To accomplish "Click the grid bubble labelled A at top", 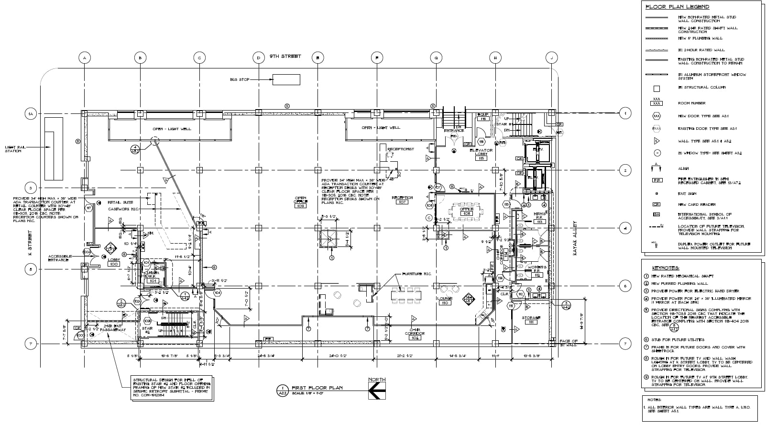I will pos(84,58).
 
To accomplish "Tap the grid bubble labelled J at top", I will pos(551,58).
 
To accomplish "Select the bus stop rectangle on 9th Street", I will pos(286,79).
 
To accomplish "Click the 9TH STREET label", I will pos(285,56).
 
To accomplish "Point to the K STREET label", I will pos(30,244).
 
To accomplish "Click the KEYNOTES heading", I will pos(666,268).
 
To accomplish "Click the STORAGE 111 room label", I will pos(531,320).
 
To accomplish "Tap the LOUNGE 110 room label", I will pos(444,301).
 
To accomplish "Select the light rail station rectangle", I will pos(54,148).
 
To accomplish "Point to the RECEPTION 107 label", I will pos(402,200).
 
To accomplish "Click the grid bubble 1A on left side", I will pos(30,114).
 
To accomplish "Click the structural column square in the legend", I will pos(657,89).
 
